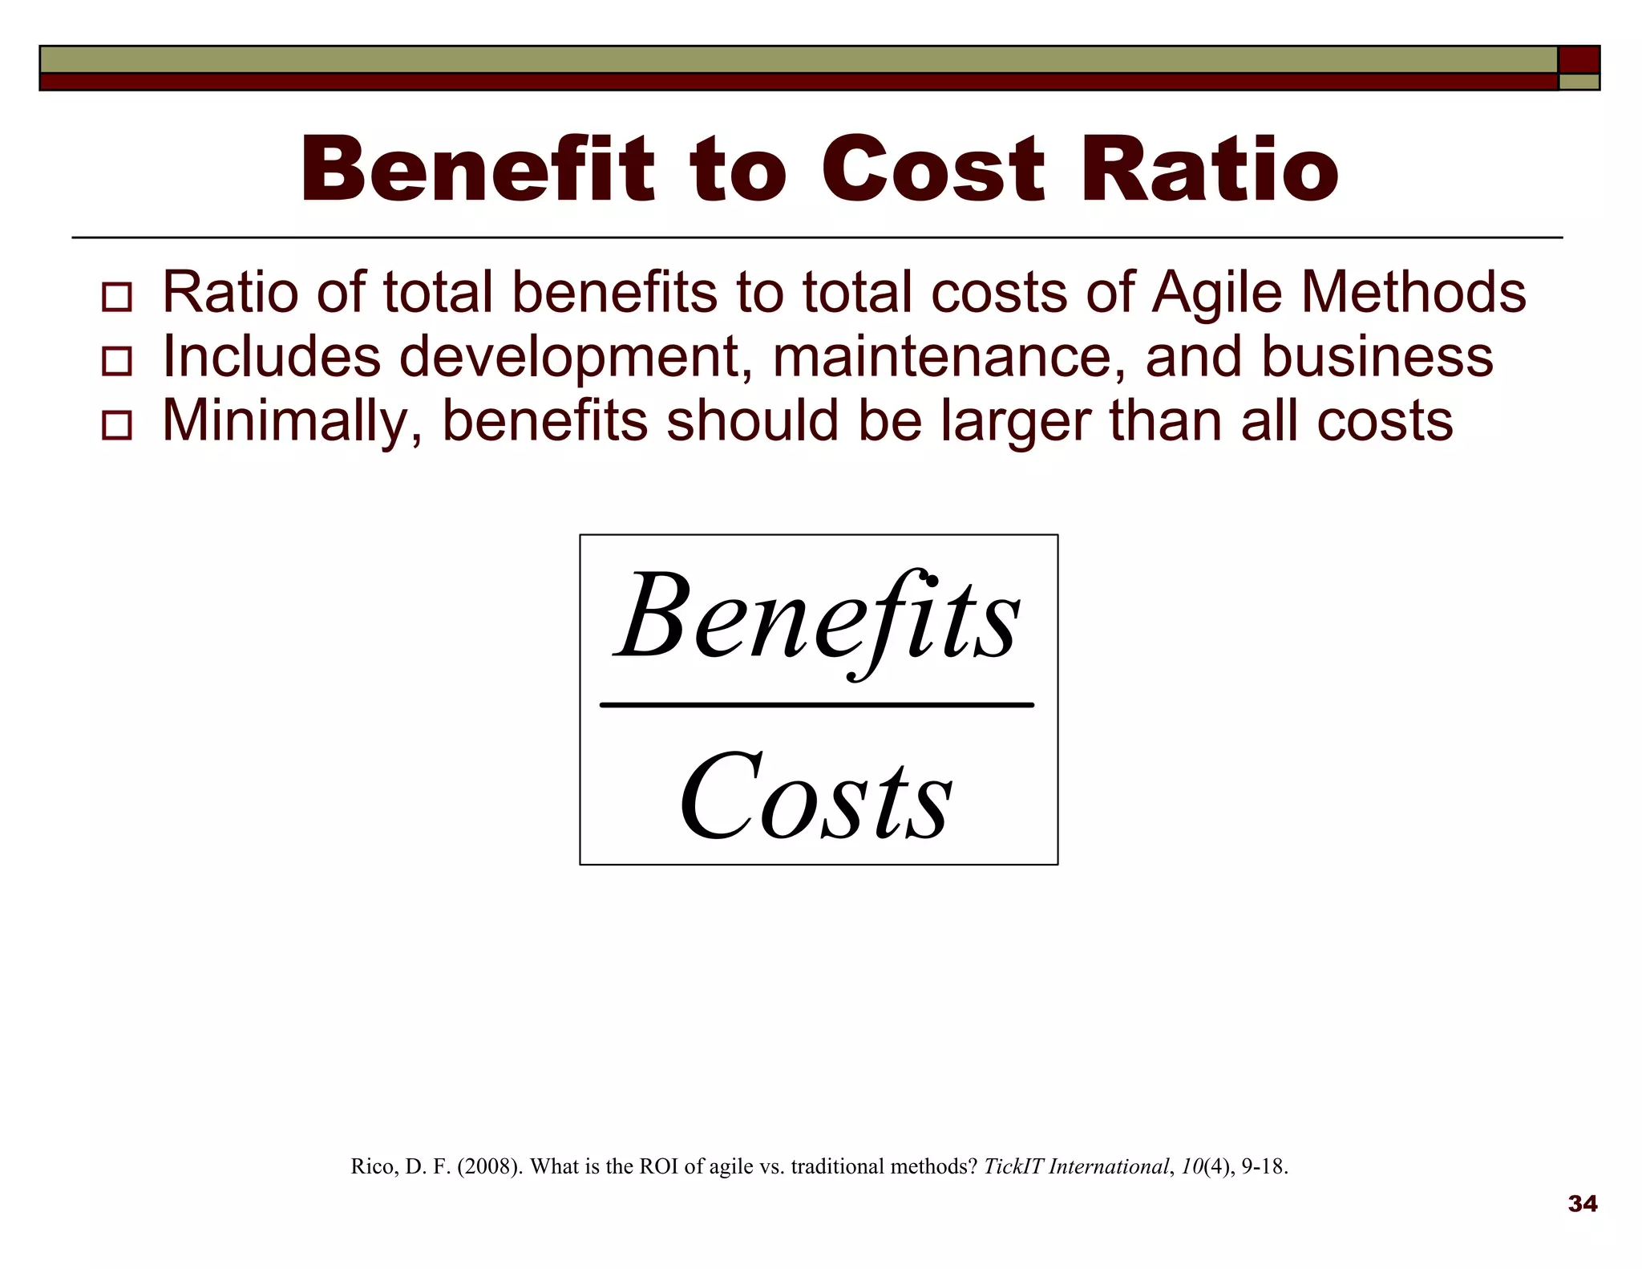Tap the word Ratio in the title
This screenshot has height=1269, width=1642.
1209,170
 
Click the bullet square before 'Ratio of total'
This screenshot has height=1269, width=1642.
117,297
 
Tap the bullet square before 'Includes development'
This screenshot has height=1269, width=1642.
117,362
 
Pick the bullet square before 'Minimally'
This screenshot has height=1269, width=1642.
117,426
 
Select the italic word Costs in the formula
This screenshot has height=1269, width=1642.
816,797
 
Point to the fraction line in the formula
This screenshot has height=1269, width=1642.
816,705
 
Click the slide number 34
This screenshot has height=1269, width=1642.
1582,1204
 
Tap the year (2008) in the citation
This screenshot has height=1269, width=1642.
490,1166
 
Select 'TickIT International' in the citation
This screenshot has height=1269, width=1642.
1075,1166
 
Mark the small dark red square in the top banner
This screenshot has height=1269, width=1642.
1579,60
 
